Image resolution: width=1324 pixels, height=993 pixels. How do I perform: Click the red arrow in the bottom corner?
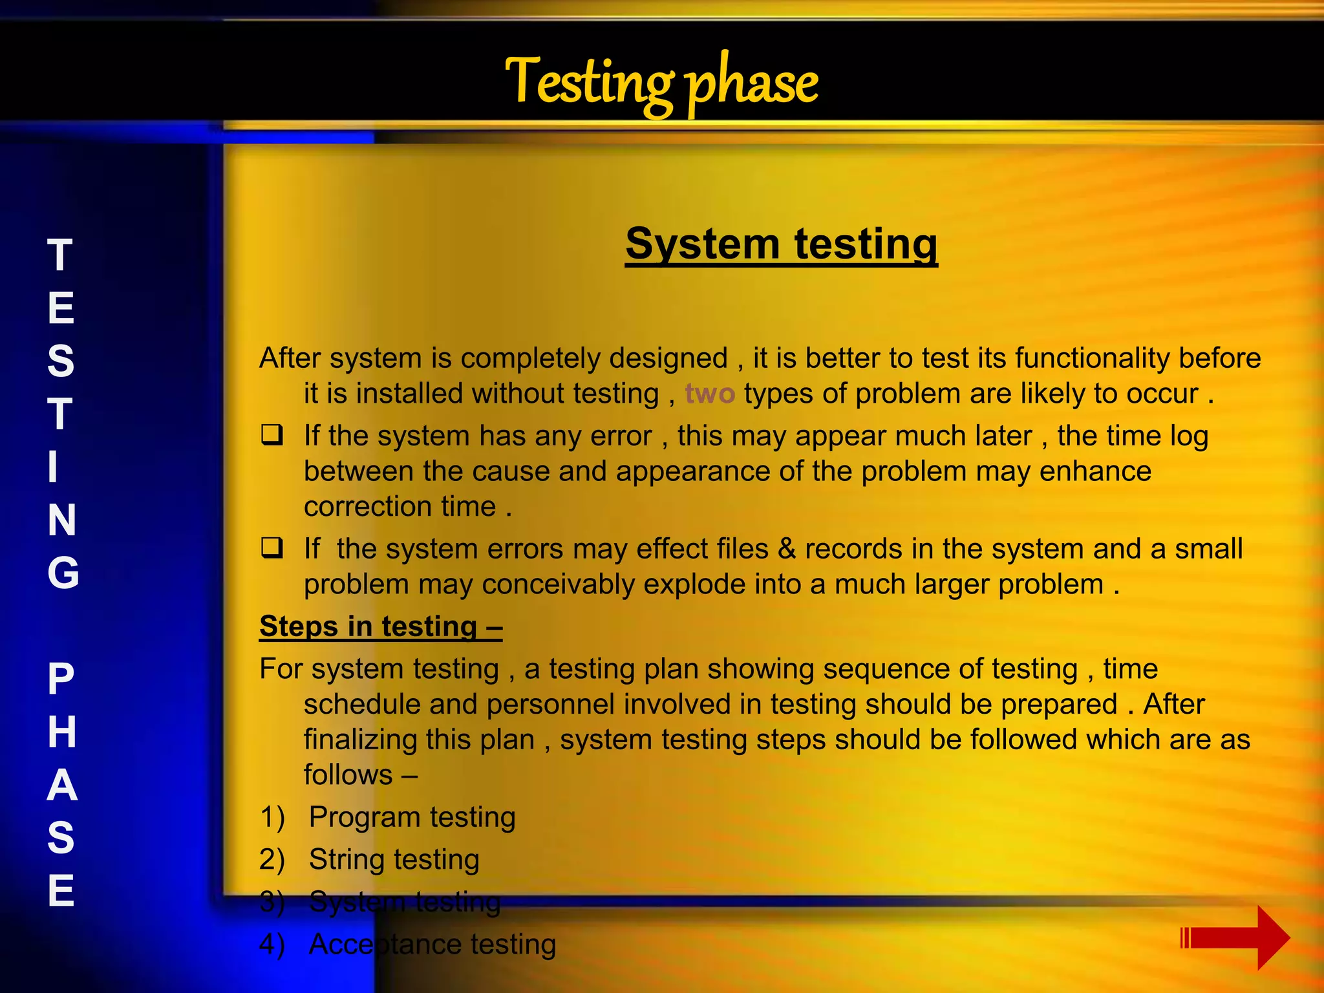pyautogui.click(x=1235, y=937)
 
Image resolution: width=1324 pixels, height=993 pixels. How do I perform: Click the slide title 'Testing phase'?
pyautogui.click(x=661, y=83)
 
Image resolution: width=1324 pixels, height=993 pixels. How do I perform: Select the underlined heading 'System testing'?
pyautogui.click(x=781, y=244)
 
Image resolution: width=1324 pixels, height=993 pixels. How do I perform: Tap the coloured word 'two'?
pyautogui.click(x=709, y=394)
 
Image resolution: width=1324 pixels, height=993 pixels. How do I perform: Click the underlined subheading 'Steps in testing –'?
pyautogui.click(x=381, y=626)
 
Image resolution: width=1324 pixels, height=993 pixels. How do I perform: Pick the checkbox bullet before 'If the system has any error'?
pyautogui.click(x=272, y=435)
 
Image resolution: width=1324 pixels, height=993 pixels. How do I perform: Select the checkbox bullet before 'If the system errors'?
pyautogui.click(x=272, y=548)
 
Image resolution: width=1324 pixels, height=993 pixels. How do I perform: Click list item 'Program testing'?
pyautogui.click(x=412, y=817)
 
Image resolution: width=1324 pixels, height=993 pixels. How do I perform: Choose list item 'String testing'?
pyautogui.click(x=394, y=859)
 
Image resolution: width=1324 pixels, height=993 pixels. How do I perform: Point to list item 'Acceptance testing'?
pyautogui.click(x=432, y=944)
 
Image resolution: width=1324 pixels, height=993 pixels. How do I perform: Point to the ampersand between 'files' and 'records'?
pyautogui.click(x=787, y=549)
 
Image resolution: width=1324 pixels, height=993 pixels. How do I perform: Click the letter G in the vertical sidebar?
pyautogui.click(x=63, y=573)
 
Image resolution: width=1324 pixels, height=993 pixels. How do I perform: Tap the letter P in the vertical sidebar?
pyautogui.click(x=61, y=679)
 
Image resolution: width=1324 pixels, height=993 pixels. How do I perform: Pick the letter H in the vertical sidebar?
pyautogui.click(x=62, y=732)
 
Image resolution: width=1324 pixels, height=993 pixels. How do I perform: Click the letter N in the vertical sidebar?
pyautogui.click(x=62, y=520)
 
